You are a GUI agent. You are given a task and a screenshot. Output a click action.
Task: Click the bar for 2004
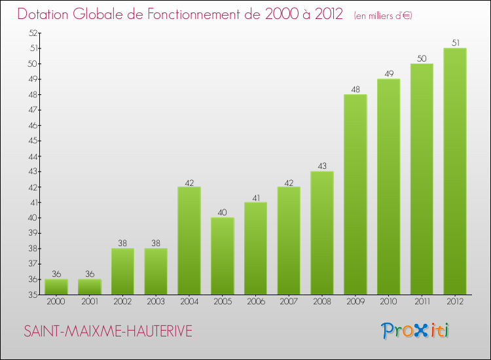tap(189, 240)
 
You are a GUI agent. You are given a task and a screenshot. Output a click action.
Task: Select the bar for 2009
tap(355, 194)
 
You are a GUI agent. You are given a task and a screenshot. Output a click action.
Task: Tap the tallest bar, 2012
tap(455, 171)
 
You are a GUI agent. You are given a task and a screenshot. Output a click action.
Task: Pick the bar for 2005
tap(222, 256)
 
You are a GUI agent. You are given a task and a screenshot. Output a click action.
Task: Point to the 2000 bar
tap(56, 287)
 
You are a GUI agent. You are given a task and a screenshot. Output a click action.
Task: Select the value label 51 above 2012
tap(455, 43)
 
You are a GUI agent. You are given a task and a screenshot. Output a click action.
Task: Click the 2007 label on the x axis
tap(289, 302)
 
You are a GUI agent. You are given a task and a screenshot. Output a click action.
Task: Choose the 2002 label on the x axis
tap(122, 302)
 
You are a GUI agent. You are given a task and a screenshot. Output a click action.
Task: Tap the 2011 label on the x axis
tap(422, 302)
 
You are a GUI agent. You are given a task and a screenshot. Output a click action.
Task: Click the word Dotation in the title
tap(48, 14)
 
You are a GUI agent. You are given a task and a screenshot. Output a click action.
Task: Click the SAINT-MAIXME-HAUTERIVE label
tap(108, 331)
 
